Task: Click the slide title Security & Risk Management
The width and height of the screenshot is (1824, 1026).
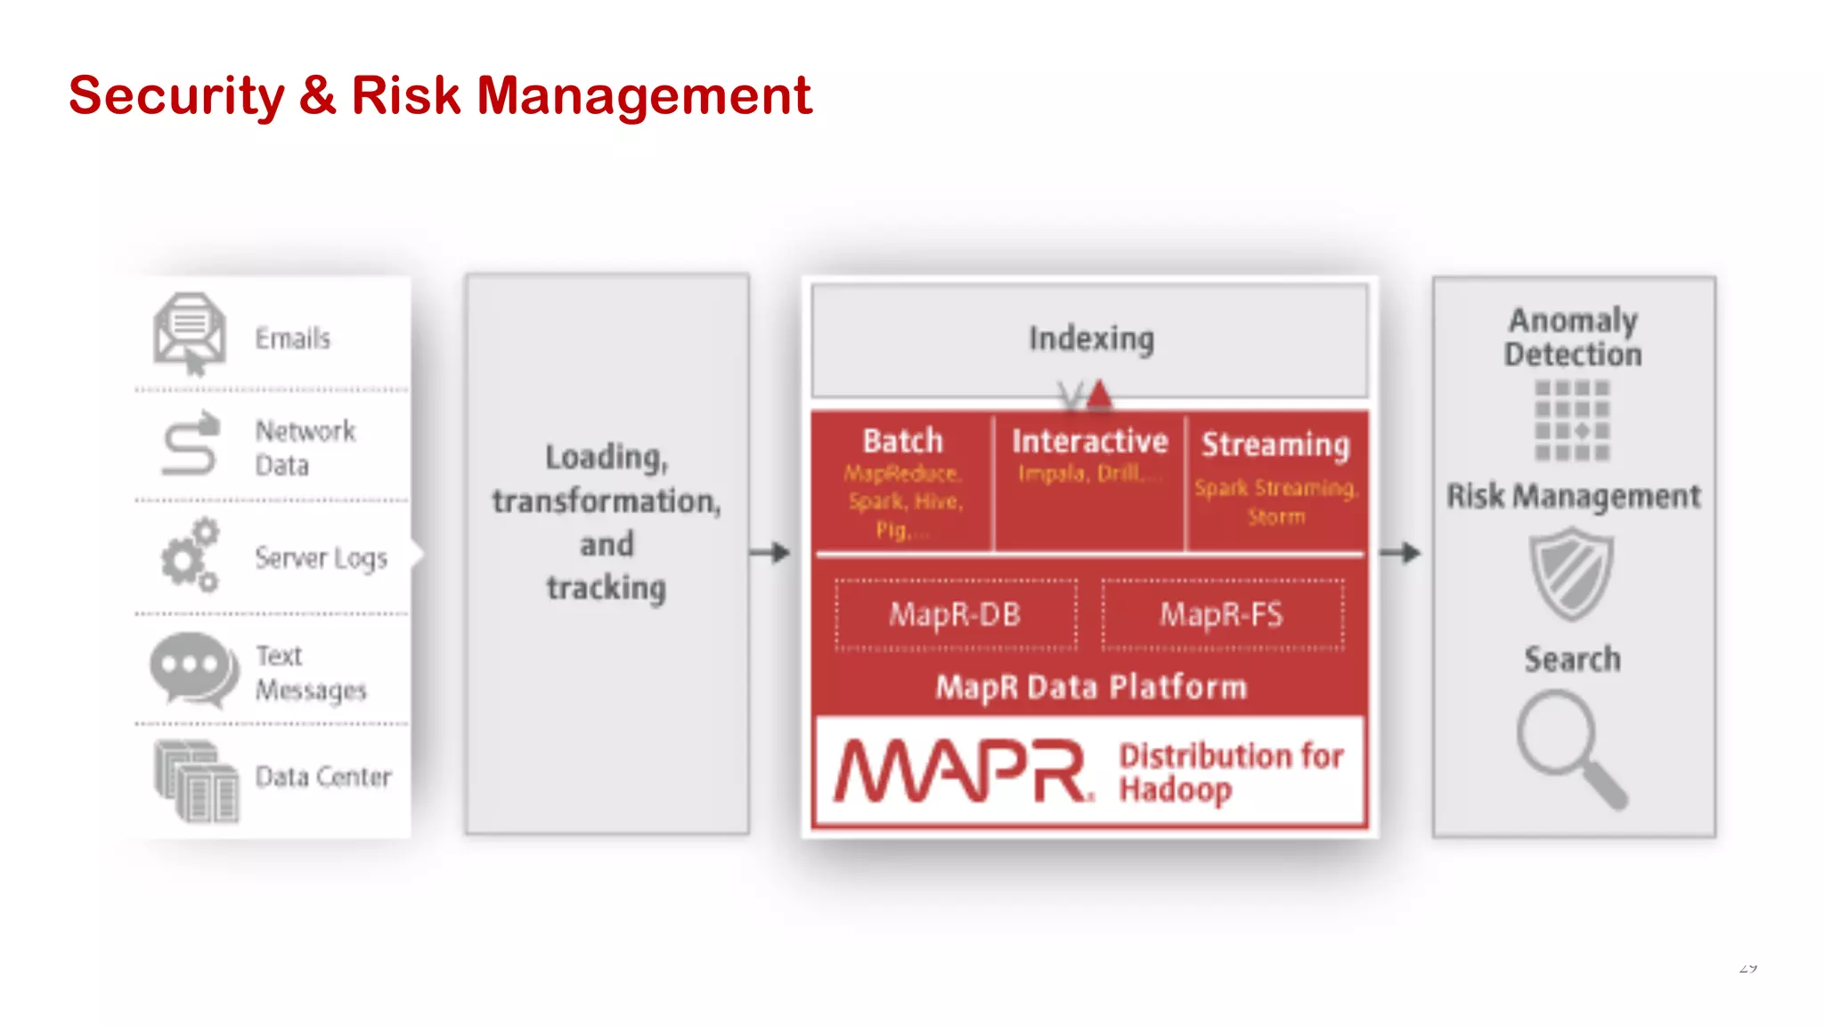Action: tap(440, 95)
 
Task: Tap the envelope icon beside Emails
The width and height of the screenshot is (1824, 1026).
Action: tap(189, 333)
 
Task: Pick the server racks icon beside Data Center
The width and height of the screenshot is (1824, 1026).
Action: tap(197, 780)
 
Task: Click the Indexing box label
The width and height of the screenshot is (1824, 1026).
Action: tap(1091, 338)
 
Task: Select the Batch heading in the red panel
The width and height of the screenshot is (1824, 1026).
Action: tap(902, 441)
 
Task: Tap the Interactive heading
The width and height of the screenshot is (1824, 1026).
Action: tap(1089, 441)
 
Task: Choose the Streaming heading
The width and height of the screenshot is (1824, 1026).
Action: tap(1275, 444)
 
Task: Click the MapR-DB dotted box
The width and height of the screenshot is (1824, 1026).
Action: tap(956, 615)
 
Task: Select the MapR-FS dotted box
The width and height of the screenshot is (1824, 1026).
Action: tap(1222, 615)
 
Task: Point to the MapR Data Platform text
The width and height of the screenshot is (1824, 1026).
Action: tap(1091, 687)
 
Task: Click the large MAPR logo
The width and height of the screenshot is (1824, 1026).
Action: tap(962, 771)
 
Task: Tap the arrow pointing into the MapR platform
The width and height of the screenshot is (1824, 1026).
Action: tap(770, 552)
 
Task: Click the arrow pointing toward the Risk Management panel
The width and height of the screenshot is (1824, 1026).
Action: tap(1400, 552)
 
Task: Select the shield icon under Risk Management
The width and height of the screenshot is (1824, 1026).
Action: tap(1572, 574)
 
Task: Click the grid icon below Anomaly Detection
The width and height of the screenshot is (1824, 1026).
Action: tap(1572, 420)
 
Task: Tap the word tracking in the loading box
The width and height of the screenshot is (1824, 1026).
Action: tap(607, 588)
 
